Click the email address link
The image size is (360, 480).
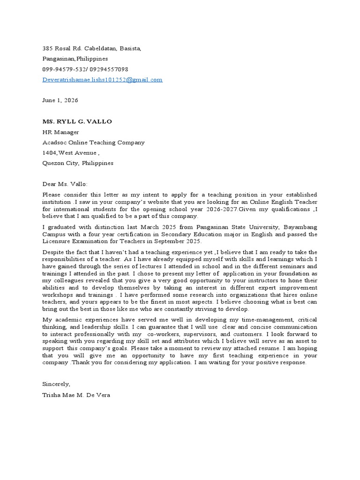pyautogui.click(x=102, y=80)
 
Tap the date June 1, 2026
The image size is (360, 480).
pyautogui.click(x=60, y=100)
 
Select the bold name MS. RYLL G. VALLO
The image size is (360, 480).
pyautogui.click(x=77, y=121)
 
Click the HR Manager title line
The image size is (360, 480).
pyautogui.click(x=61, y=132)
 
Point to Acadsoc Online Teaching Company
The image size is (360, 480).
pyautogui.click(x=93, y=142)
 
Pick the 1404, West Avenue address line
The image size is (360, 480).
pyautogui.click(x=71, y=153)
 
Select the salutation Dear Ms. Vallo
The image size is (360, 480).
pyautogui.click(x=65, y=184)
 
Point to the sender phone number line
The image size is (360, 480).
pyautogui.click(x=85, y=69)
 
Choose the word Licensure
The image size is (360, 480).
pyautogui.click(x=57, y=241)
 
